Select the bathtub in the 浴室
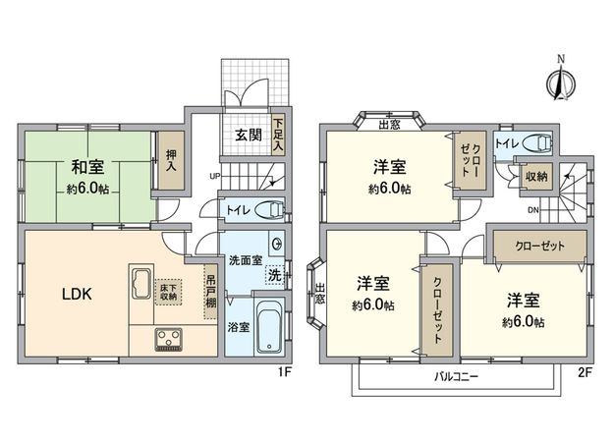pos(267,331)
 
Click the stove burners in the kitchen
pos(168,340)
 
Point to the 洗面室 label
pos(245,260)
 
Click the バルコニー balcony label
pos(454,376)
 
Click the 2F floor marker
pos(586,371)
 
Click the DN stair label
pos(531,208)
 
